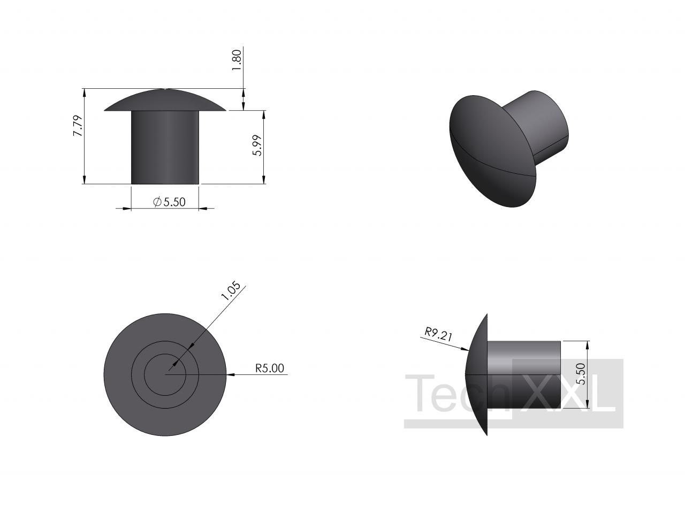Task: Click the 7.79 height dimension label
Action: (x=78, y=125)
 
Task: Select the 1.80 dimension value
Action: (x=236, y=60)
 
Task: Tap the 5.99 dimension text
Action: (x=257, y=145)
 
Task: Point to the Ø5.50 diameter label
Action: (x=169, y=202)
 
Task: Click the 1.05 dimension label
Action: (x=231, y=290)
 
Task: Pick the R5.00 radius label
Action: (x=270, y=368)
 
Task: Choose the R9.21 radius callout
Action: (x=438, y=334)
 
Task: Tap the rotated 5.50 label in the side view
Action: (x=581, y=374)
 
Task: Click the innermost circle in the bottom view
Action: (x=165, y=354)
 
